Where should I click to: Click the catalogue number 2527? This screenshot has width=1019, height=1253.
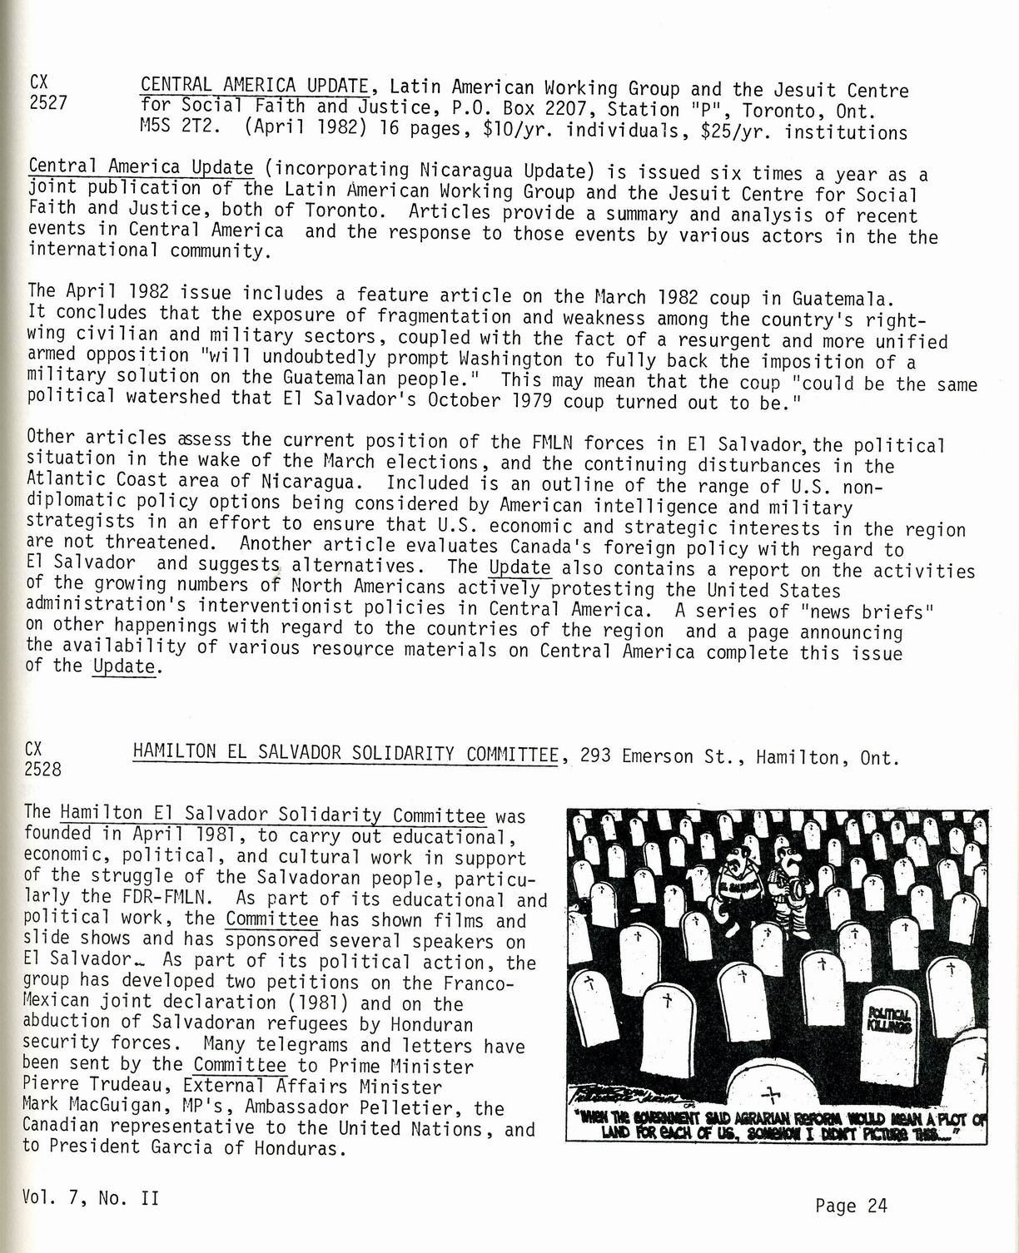[x=47, y=104]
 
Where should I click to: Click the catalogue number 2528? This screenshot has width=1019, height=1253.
[x=42, y=769]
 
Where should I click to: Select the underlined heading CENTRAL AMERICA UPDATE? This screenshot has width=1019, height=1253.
[x=255, y=85]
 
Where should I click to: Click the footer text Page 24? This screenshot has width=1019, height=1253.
[x=851, y=1205]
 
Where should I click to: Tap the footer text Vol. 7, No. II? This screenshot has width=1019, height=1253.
[x=92, y=1199]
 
